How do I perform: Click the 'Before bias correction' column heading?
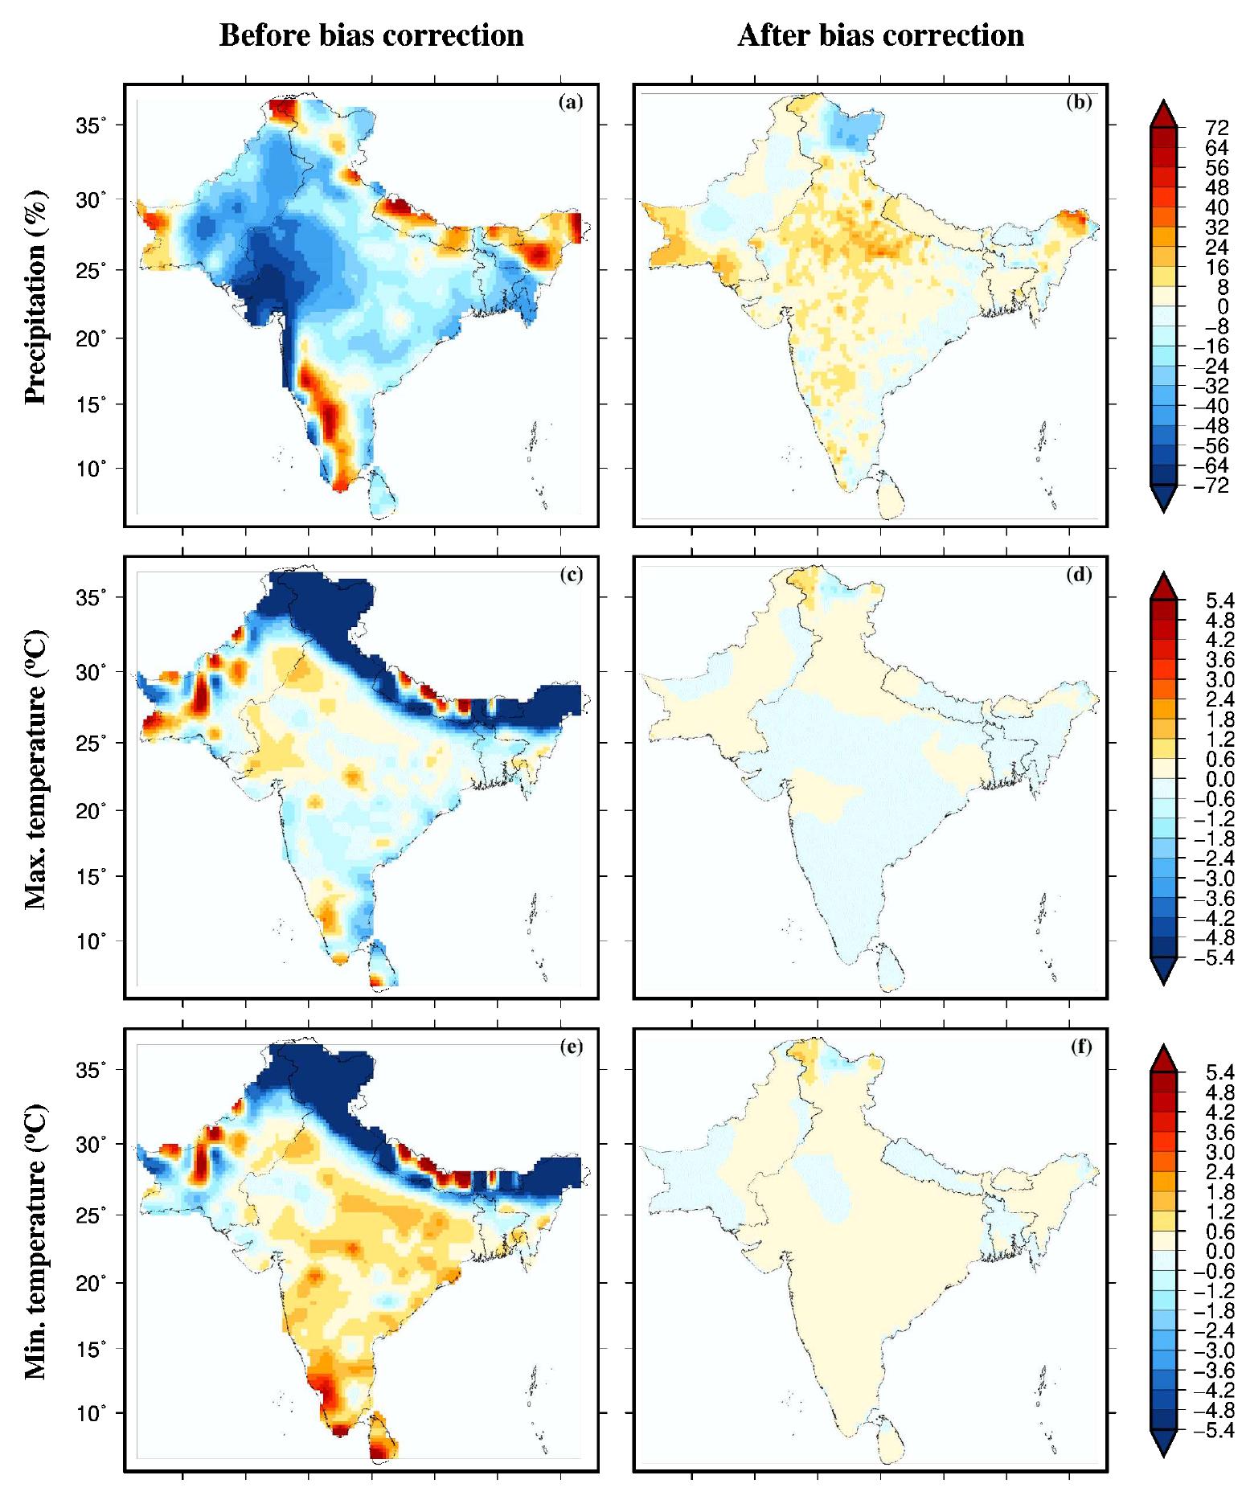[x=371, y=36]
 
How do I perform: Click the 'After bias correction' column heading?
[x=880, y=36]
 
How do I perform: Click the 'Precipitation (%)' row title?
[x=36, y=298]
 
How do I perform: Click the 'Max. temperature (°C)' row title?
[x=36, y=769]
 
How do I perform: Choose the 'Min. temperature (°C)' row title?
[x=36, y=1242]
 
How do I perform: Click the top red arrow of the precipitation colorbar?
[x=1166, y=113]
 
